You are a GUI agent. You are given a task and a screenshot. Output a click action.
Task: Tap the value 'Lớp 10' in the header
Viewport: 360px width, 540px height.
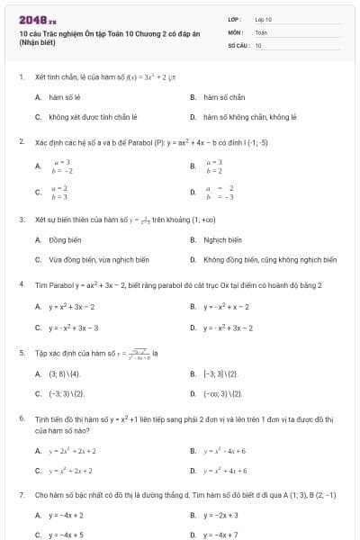tap(264, 18)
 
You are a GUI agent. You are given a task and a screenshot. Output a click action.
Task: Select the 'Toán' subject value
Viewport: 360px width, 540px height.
tap(261, 31)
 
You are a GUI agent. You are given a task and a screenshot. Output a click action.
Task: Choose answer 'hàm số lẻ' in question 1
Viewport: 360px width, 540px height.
tap(64, 96)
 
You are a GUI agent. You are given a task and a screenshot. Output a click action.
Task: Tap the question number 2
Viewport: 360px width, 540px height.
tap(21, 141)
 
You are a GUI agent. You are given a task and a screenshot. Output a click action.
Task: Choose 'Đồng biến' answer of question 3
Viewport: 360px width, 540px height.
tap(62, 239)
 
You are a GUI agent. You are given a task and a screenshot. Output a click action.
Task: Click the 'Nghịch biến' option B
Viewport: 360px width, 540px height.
tap(222, 239)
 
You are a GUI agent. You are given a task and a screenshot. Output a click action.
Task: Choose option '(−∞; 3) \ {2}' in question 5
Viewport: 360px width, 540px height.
tap(222, 393)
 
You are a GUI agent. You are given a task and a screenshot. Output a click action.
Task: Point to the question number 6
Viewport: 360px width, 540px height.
tap(21, 418)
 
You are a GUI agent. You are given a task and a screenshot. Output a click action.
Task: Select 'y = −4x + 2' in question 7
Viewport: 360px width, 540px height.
tap(66, 515)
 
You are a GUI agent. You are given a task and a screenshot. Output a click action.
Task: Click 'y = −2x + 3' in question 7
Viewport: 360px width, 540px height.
tap(220, 515)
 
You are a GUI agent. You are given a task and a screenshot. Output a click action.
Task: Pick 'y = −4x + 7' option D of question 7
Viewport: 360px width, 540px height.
tap(220, 535)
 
